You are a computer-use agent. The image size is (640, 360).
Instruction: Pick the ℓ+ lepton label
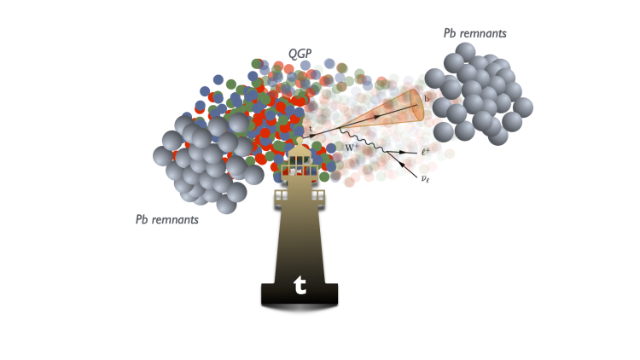pos(425,151)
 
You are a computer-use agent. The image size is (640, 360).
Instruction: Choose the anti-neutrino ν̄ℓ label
pos(424,177)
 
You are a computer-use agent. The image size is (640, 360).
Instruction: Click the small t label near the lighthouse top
pos(311,130)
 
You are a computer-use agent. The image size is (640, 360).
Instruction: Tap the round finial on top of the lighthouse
pos(299,141)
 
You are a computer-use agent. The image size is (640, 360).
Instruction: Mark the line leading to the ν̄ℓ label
pos(404,166)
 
